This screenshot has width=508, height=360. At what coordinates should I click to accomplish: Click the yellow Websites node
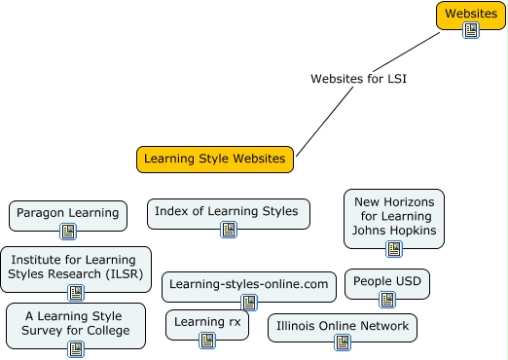[x=470, y=14]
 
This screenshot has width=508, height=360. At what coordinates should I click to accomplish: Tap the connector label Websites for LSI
[x=357, y=78]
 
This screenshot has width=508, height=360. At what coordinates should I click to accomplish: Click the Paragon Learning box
[x=67, y=213]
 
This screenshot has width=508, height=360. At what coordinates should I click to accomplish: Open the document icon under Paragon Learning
[x=68, y=232]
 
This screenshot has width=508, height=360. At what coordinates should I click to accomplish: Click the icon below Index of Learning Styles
[x=229, y=231]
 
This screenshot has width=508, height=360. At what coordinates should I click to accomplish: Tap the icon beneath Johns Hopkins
[x=394, y=249]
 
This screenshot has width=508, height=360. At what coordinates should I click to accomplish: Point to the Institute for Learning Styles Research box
[x=76, y=265]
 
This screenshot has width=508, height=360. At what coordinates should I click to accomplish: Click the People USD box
[x=386, y=282]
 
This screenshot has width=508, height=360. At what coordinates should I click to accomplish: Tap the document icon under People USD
[x=387, y=300]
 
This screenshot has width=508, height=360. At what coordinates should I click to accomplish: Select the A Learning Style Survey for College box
[x=75, y=323]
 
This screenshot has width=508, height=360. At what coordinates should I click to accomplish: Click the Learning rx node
[x=206, y=321]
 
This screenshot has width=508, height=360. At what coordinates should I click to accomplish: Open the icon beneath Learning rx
[x=206, y=341]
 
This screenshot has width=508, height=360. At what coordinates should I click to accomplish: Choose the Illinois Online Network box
[x=342, y=326]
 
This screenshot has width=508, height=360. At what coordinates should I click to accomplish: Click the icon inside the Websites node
[x=471, y=30]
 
